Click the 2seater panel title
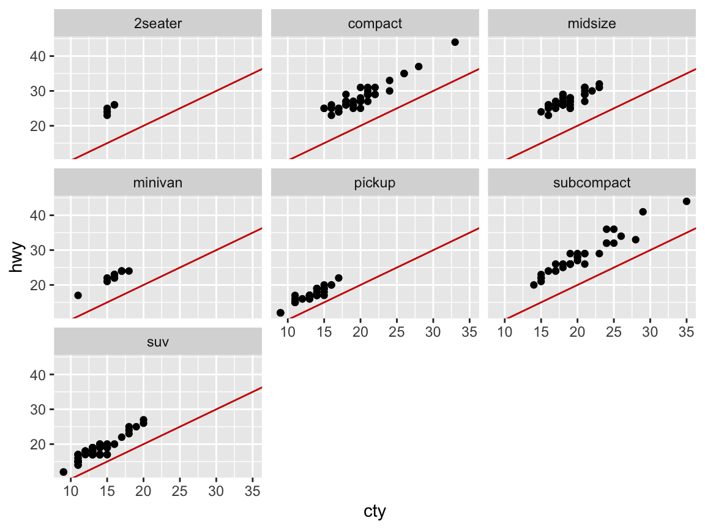(x=158, y=24)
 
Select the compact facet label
(x=375, y=24)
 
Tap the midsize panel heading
(x=591, y=24)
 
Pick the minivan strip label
(x=158, y=182)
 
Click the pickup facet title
(x=375, y=182)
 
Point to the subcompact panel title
(x=591, y=182)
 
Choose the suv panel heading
(x=158, y=341)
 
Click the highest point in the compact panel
(x=455, y=42)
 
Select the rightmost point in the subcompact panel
(x=686, y=201)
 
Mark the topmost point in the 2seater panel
(x=114, y=105)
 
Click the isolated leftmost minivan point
(x=78, y=295)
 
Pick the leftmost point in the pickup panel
(x=280, y=313)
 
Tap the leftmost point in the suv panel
(x=64, y=471)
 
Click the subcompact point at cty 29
(x=643, y=212)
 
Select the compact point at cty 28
(x=419, y=67)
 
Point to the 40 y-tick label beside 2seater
(x=38, y=56)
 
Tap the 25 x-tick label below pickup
(x=397, y=332)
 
